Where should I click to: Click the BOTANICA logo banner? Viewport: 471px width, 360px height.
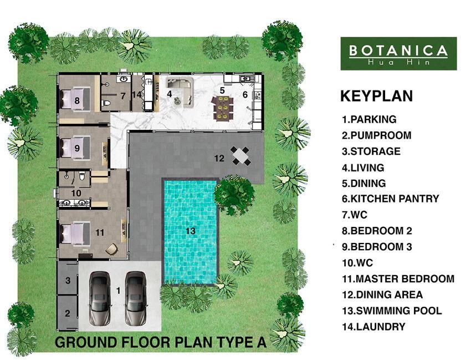pos(398,54)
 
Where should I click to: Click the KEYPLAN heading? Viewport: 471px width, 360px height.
pos(377,96)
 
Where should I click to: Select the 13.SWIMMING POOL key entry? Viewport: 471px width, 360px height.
pos(392,311)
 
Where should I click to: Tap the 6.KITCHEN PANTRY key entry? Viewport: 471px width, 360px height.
pos(391,199)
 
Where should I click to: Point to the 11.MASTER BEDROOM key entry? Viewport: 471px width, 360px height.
pos(398,279)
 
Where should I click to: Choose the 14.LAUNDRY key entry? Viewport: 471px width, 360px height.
pos(373,327)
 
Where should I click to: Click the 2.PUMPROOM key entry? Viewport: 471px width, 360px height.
pos(377,135)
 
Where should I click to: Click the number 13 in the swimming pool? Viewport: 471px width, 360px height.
pos(191,231)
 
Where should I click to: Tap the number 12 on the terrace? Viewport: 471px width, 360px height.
pos(219,158)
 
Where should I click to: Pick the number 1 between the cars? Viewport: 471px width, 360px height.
pos(119,291)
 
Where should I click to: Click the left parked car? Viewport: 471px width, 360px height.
pos(99,298)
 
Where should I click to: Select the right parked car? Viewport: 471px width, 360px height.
pos(135,298)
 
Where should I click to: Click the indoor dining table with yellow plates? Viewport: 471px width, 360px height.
pos(223,108)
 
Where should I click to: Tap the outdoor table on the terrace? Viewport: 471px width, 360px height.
pos(241,156)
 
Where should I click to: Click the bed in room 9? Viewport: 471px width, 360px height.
pos(75,147)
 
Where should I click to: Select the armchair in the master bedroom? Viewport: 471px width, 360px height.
pos(111,249)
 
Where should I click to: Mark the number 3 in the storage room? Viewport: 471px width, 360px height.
pos(68,280)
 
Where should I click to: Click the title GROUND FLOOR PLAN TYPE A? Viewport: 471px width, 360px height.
pos(161,342)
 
